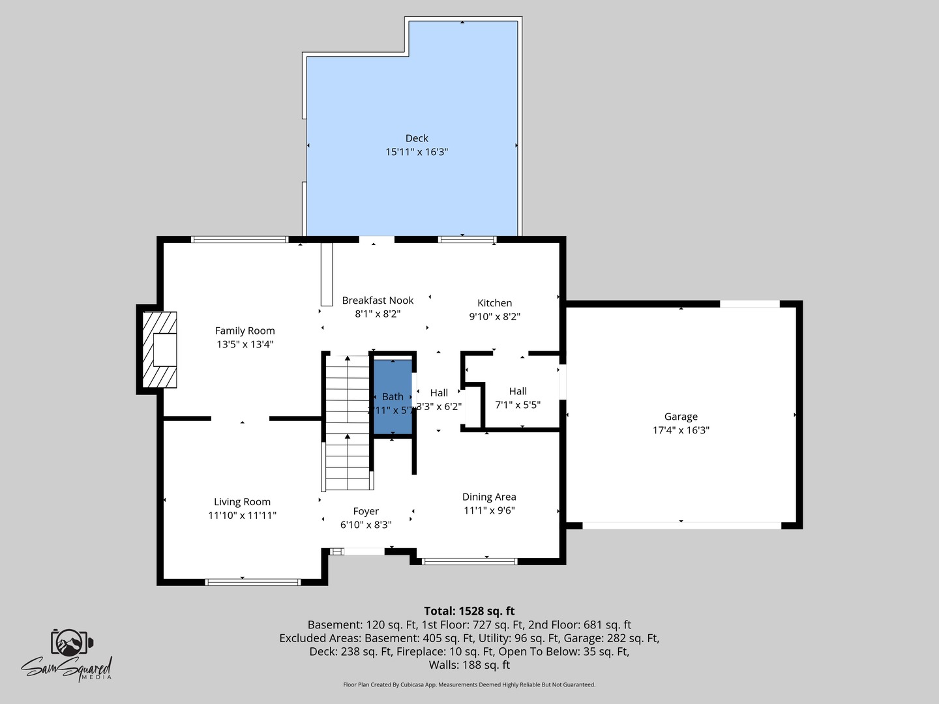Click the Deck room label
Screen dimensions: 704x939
click(417, 138)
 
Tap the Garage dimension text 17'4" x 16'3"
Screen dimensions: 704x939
click(681, 430)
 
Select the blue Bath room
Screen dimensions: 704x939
click(393, 396)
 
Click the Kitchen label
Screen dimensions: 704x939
click(494, 303)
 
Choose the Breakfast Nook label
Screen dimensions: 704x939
click(378, 301)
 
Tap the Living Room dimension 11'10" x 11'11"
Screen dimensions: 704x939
click(242, 516)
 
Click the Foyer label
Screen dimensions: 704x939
click(366, 512)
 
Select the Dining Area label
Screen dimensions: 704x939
click(489, 497)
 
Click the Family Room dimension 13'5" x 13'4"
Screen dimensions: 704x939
click(245, 344)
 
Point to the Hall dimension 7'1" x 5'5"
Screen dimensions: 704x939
click(518, 405)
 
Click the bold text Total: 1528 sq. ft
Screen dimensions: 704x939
click(469, 611)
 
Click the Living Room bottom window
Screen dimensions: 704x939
click(253, 582)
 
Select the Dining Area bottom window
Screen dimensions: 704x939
click(469, 561)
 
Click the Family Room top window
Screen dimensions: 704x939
click(239, 239)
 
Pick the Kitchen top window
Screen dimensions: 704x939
click(467, 239)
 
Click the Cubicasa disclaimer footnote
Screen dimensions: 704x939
click(469, 684)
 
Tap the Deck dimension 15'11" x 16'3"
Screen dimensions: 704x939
click(417, 152)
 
